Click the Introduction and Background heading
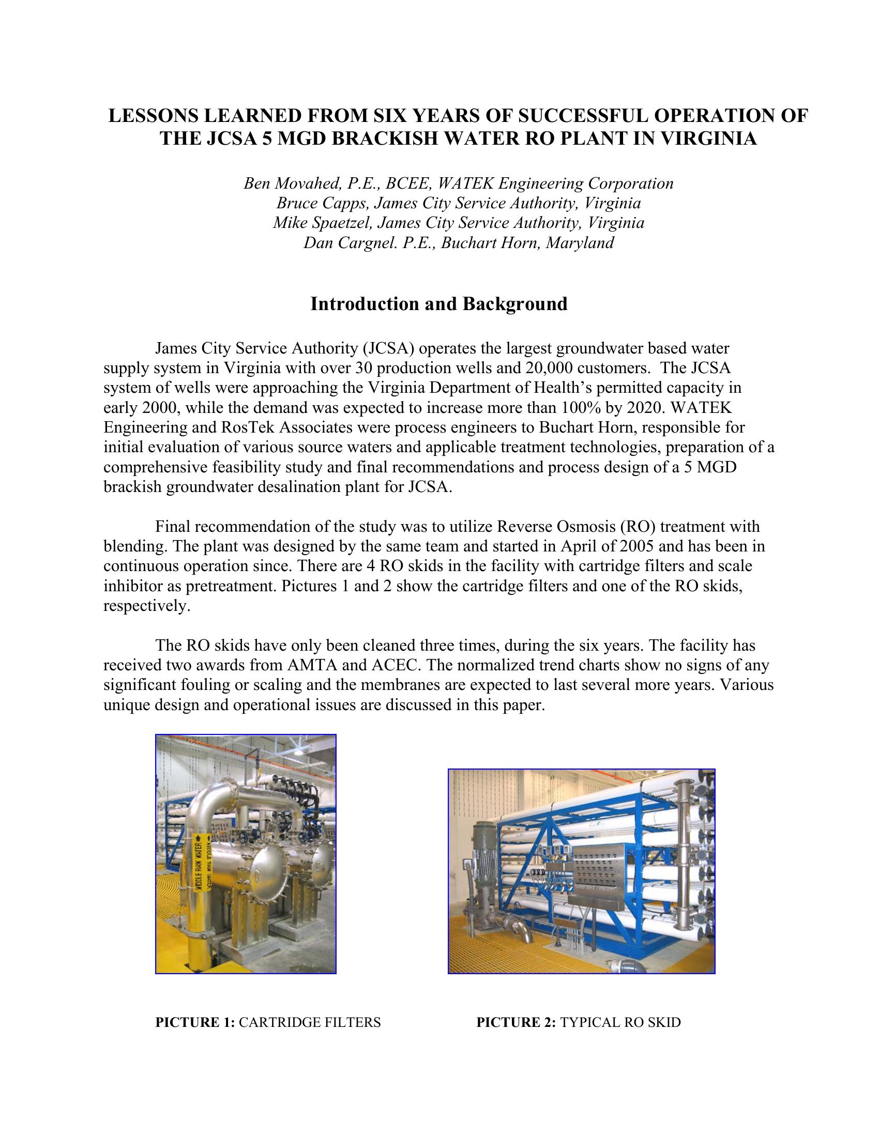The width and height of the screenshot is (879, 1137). coord(439,303)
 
